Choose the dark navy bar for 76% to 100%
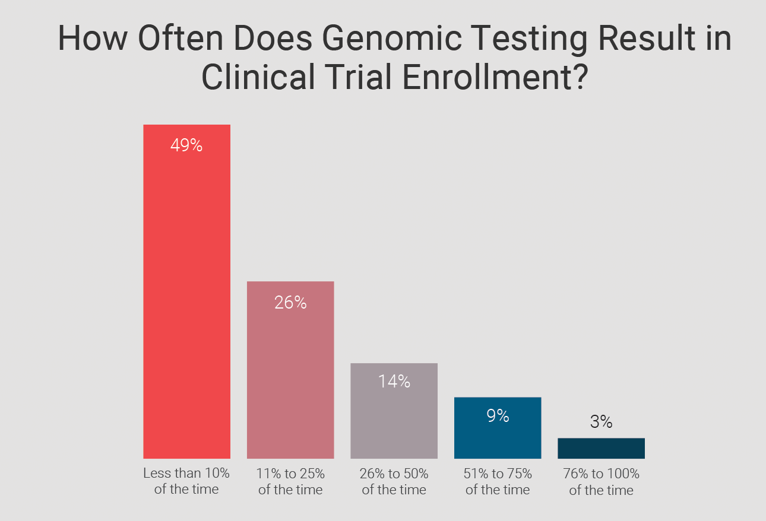pyautogui.click(x=601, y=449)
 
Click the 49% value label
pyautogui.click(x=186, y=146)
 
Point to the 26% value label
pyautogui.click(x=290, y=303)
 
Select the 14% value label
pyautogui.click(x=394, y=381)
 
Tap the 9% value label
pyautogui.click(x=498, y=416)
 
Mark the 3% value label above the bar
pyautogui.click(x=601, y=422)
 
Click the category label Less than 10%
pyautogui.click(x=186, y=481)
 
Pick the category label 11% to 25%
pyautogui.click(x=290, y=481)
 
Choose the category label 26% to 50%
pyautogui.click(x=394, y=481)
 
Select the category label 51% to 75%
pyautogui.click(x=498, y=481)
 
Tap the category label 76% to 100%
pyautogui.click(x=601, y=481)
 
